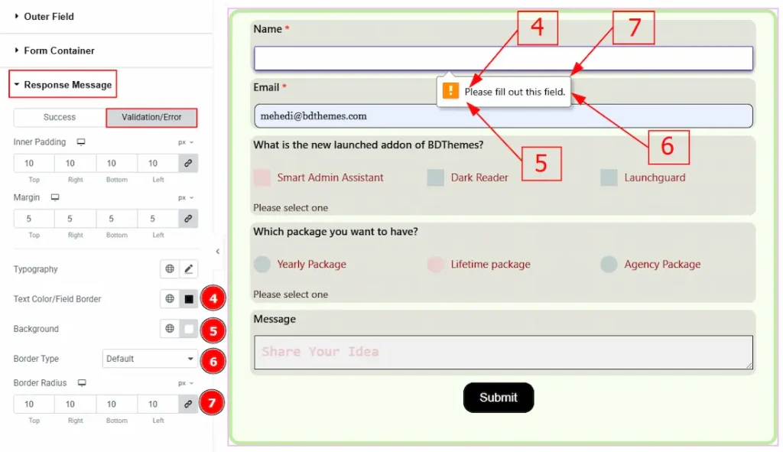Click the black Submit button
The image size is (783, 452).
(x=499, y=398)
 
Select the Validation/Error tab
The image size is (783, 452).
(x=151, y=117)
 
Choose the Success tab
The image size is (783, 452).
(x=60, y=117)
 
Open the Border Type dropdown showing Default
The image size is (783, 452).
(x=150, y=359)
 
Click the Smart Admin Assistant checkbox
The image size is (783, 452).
(x=262, y=177)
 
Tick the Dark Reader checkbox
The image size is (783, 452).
(x=435, y=177)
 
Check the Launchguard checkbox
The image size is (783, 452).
(x=609, y=177)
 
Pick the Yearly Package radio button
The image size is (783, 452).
(x=262, y=264)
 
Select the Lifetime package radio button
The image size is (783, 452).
(x=435, y=264)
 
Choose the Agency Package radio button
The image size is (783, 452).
(x=609, y=264)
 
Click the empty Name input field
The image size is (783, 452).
(x=503, y=58)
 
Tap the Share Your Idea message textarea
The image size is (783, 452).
(x=503, y=352)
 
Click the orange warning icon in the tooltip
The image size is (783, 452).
(x=450, y=91)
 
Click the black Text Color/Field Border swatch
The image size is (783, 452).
(x=189, y=299)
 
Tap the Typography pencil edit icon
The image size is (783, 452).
(x=189, y=269)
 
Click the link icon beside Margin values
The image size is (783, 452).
(x=188, y=218)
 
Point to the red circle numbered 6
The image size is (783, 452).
(x=213, y=361)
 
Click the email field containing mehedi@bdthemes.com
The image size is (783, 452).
(x=503, y=116)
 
